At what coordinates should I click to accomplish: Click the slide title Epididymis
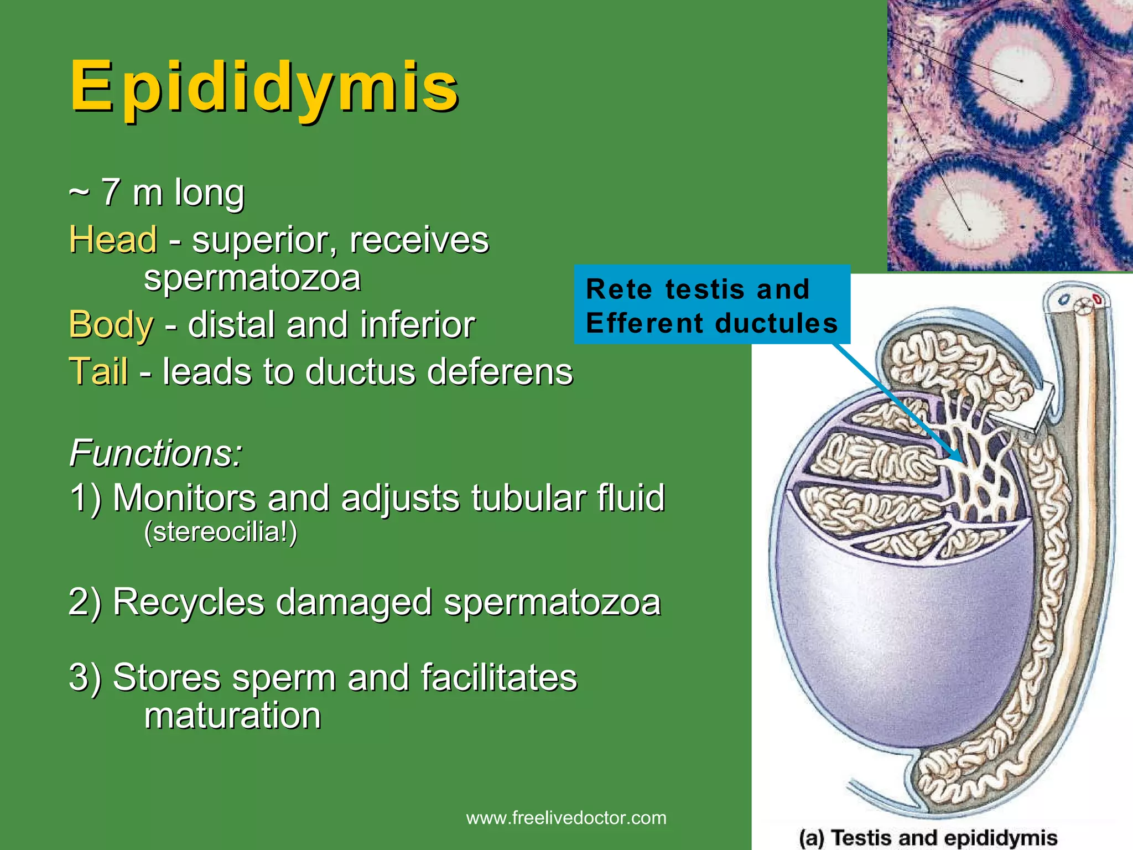pos(264,87)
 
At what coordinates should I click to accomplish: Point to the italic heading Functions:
pos(156,453)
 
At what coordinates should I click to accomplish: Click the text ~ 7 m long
pos(157,192)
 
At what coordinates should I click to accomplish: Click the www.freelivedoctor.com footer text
pos(566,818)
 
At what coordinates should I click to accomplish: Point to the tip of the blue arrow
pos(962,461)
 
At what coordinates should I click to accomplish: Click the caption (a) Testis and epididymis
pos(928,837)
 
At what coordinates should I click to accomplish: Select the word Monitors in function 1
pos(184,497)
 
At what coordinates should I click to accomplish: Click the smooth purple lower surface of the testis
pos(896,647)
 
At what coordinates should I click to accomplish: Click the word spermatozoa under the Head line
pos(252,278)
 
